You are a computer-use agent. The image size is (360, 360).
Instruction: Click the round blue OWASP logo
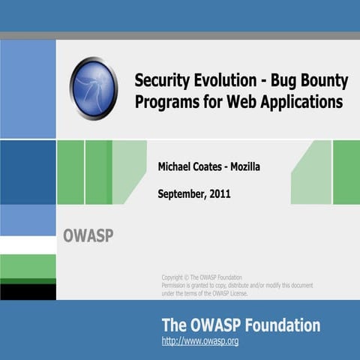94,88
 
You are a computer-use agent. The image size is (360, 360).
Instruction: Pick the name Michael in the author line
177,166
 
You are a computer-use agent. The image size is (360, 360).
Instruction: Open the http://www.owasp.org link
200,341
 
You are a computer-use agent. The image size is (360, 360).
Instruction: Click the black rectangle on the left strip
28,292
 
